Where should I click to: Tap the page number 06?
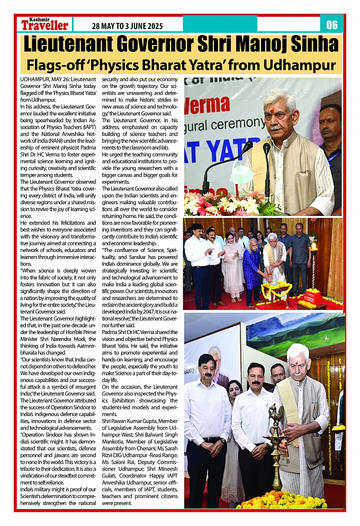[x=331, y=24]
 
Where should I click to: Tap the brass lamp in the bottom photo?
[x=275, y=450]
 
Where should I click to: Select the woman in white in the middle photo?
[x=233, y=265]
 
